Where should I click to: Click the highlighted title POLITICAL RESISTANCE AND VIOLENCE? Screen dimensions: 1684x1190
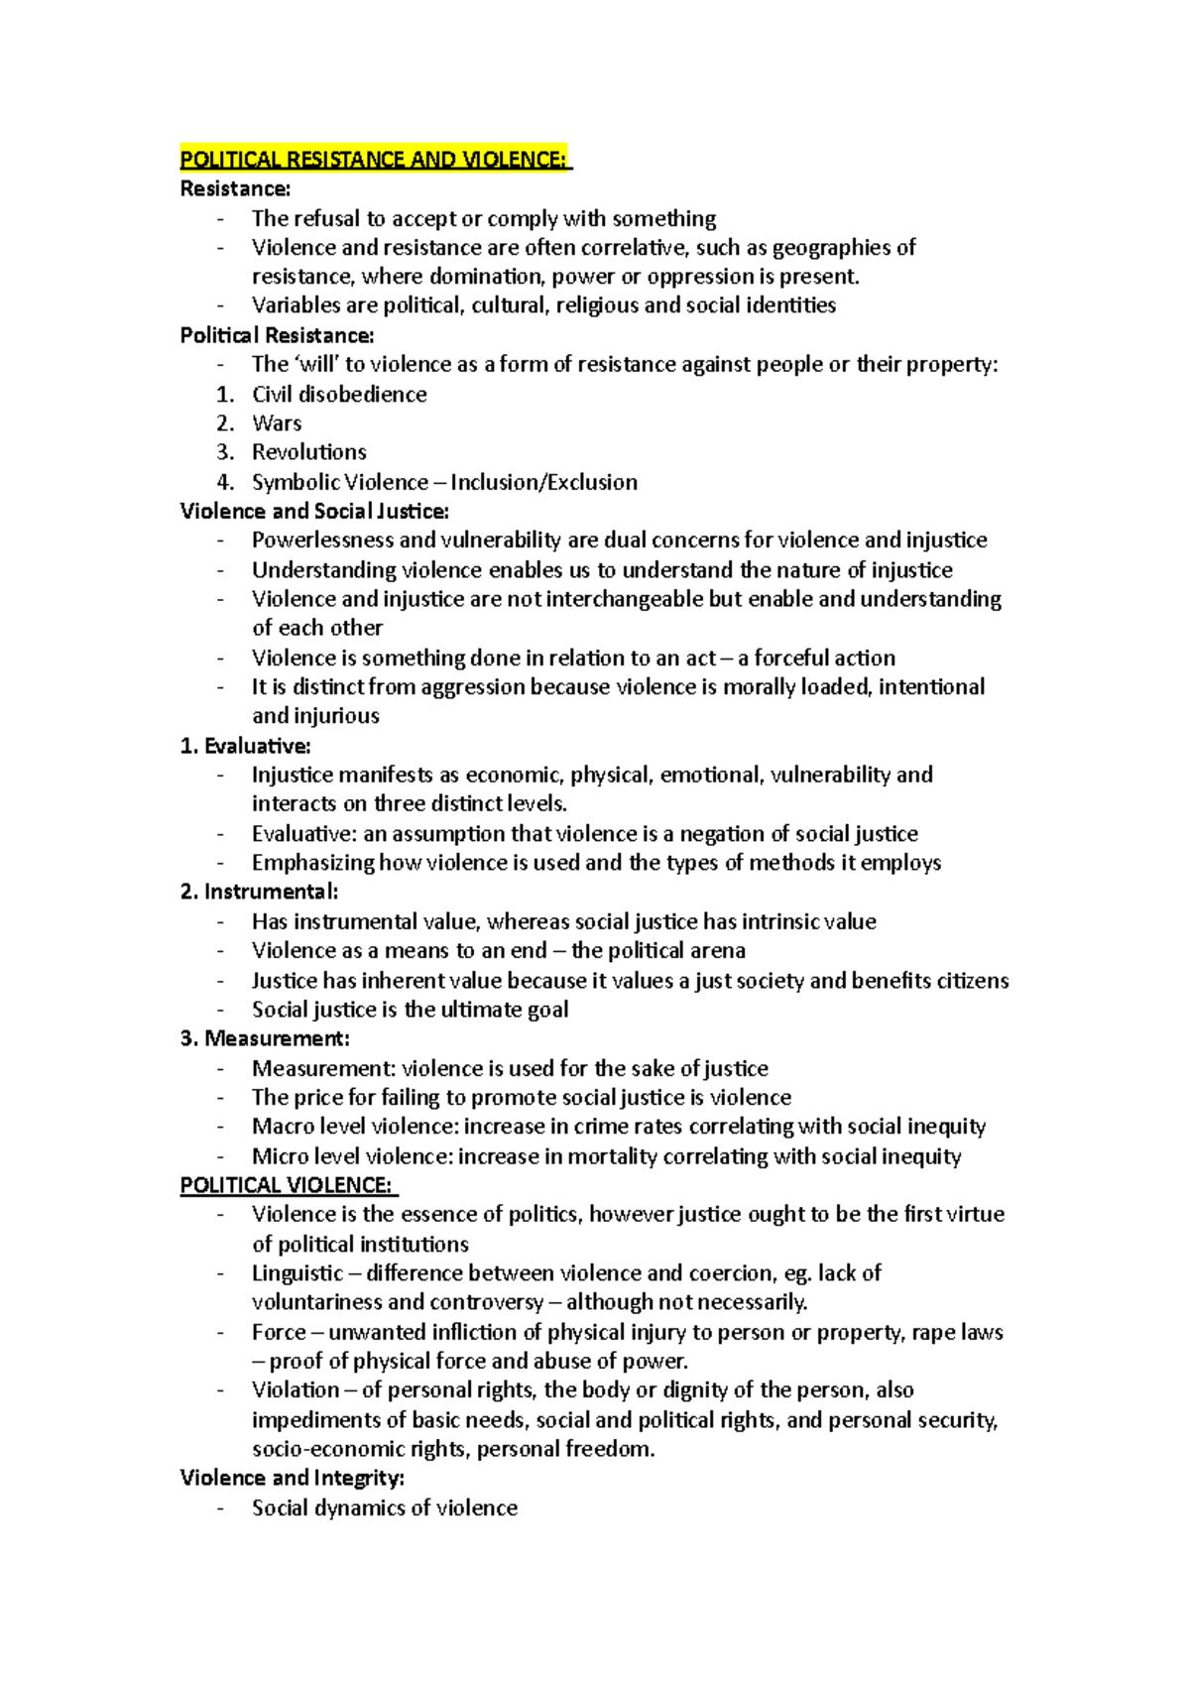[375, 160]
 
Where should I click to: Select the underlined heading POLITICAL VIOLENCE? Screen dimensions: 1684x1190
[287, 1185]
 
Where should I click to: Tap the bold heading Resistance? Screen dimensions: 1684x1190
[235, 188]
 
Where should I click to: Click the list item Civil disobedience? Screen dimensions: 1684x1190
[339, 394]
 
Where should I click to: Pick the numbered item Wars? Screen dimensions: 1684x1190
[277, 423]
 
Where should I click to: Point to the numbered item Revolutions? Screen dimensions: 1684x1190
[308, 452]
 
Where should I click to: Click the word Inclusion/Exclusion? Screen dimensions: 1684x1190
[543, 482]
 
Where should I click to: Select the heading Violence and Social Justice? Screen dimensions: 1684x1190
[314, 511]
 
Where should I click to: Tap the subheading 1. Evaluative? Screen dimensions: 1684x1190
[245, 746]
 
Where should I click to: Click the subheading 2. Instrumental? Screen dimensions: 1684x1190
[259, 892]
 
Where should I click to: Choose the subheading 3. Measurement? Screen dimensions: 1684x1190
[265, 1038]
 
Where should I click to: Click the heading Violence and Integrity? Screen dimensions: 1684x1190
[292, 1478]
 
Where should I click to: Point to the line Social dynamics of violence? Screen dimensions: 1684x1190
[385, 1507]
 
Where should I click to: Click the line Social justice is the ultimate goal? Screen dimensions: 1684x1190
[410, 1010]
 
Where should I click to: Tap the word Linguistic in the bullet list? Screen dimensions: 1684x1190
[297, 1273]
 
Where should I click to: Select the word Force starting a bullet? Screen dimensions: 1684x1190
[278, 1332]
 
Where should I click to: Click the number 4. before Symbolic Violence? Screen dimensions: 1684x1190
[226, 482]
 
